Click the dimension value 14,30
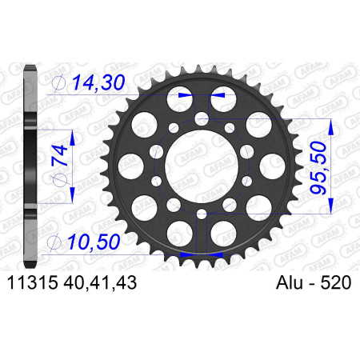pos(98,82)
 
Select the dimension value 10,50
pos(93,242)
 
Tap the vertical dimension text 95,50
pos(318,168)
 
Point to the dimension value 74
pos(60,155)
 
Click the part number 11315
pos(33,282)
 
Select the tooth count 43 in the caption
pos(128,282)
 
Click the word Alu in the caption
pos(290,282)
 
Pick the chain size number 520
pos(336,282)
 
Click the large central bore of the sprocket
pos(202,166)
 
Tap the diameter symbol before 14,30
pos(59,83)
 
